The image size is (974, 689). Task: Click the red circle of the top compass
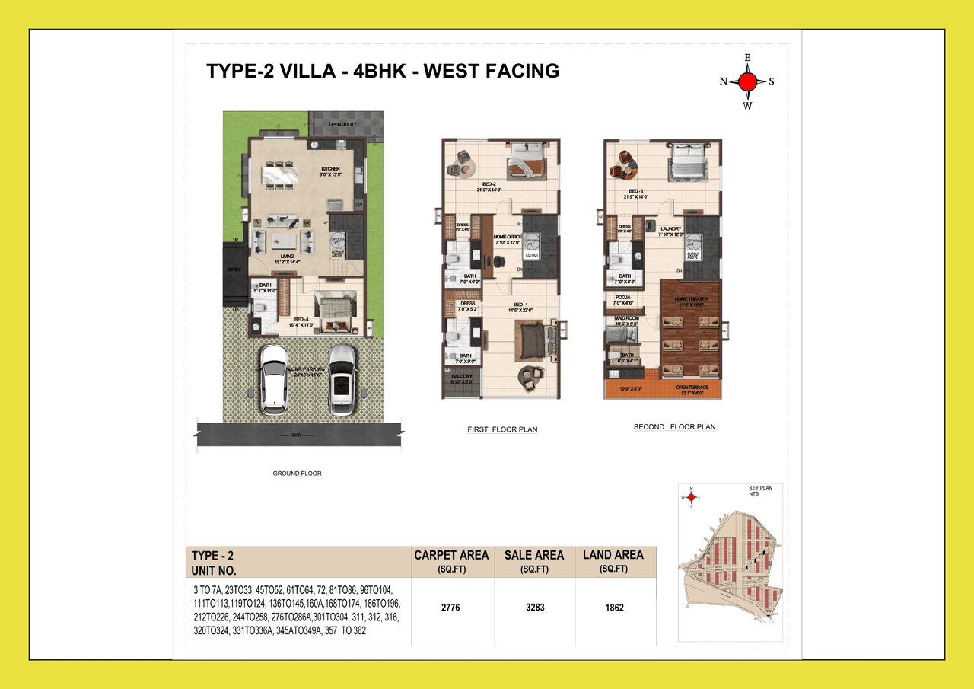[747, 81]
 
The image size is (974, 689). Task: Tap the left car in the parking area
[274, 379]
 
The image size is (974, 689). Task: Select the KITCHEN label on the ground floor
[330, 168]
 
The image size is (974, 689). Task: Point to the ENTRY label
[234, 270]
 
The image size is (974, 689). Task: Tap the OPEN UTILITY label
[342, 124]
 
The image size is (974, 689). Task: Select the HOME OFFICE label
[507, 237]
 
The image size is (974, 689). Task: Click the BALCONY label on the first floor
[462, 376]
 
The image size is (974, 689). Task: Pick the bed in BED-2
[524, 161]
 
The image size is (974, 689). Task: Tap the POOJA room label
[623, 297]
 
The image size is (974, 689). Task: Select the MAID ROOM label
[627, 318]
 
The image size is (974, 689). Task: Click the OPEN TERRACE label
[692, 388]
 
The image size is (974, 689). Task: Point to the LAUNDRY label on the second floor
[670, 228]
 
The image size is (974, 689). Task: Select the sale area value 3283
[534, 608]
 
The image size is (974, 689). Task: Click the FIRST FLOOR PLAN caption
[502, 429]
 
